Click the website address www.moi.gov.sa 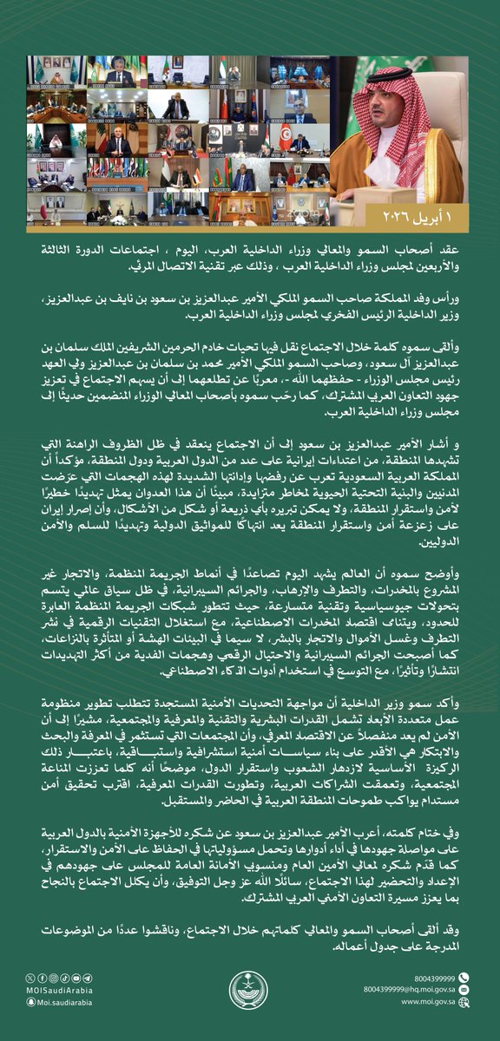click(425, 1001)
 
